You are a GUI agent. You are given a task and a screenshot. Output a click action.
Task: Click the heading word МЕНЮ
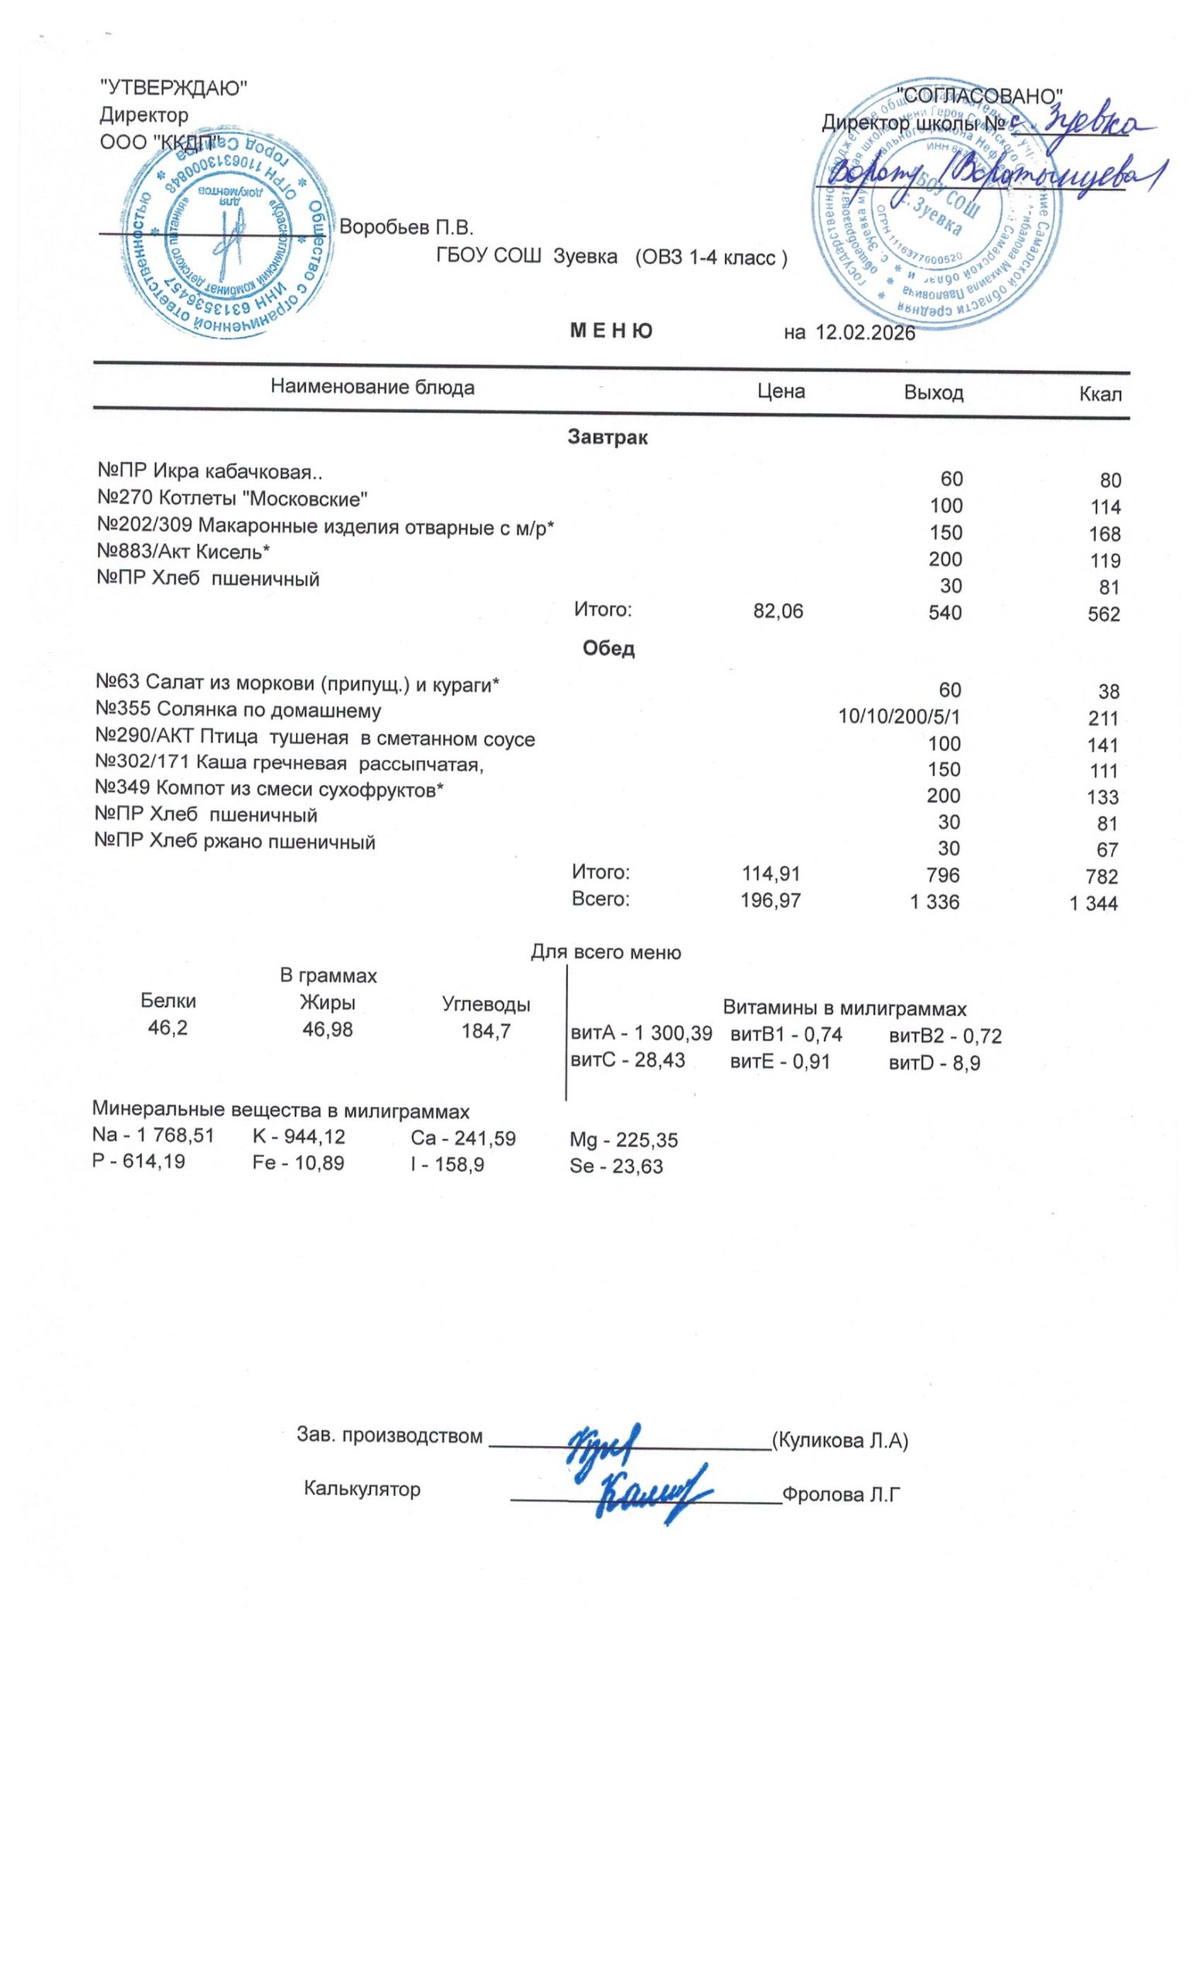click(x=610, y=331)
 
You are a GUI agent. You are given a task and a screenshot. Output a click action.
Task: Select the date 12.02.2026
click(x=865, y=333)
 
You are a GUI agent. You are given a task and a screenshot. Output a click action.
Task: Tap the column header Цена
click(x=781, y=391)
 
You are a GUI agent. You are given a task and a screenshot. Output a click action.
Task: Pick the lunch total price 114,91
click(x=770, y=873)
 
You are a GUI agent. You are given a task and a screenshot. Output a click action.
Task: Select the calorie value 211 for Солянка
click(x=1102, y=718)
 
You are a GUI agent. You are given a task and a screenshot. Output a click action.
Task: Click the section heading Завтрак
click(x=607, y=437)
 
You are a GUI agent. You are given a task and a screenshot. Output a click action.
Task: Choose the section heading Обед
click(x=608, y=648)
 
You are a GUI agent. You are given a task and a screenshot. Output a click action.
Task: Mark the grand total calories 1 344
click(x=1093, y=904)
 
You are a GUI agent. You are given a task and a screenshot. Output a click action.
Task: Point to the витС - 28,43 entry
click(x=627, y=1060)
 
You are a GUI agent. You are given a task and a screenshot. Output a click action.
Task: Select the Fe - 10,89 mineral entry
click(x=297, y=1162)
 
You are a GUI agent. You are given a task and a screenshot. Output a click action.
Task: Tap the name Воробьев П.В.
click(x=406, y=228)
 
